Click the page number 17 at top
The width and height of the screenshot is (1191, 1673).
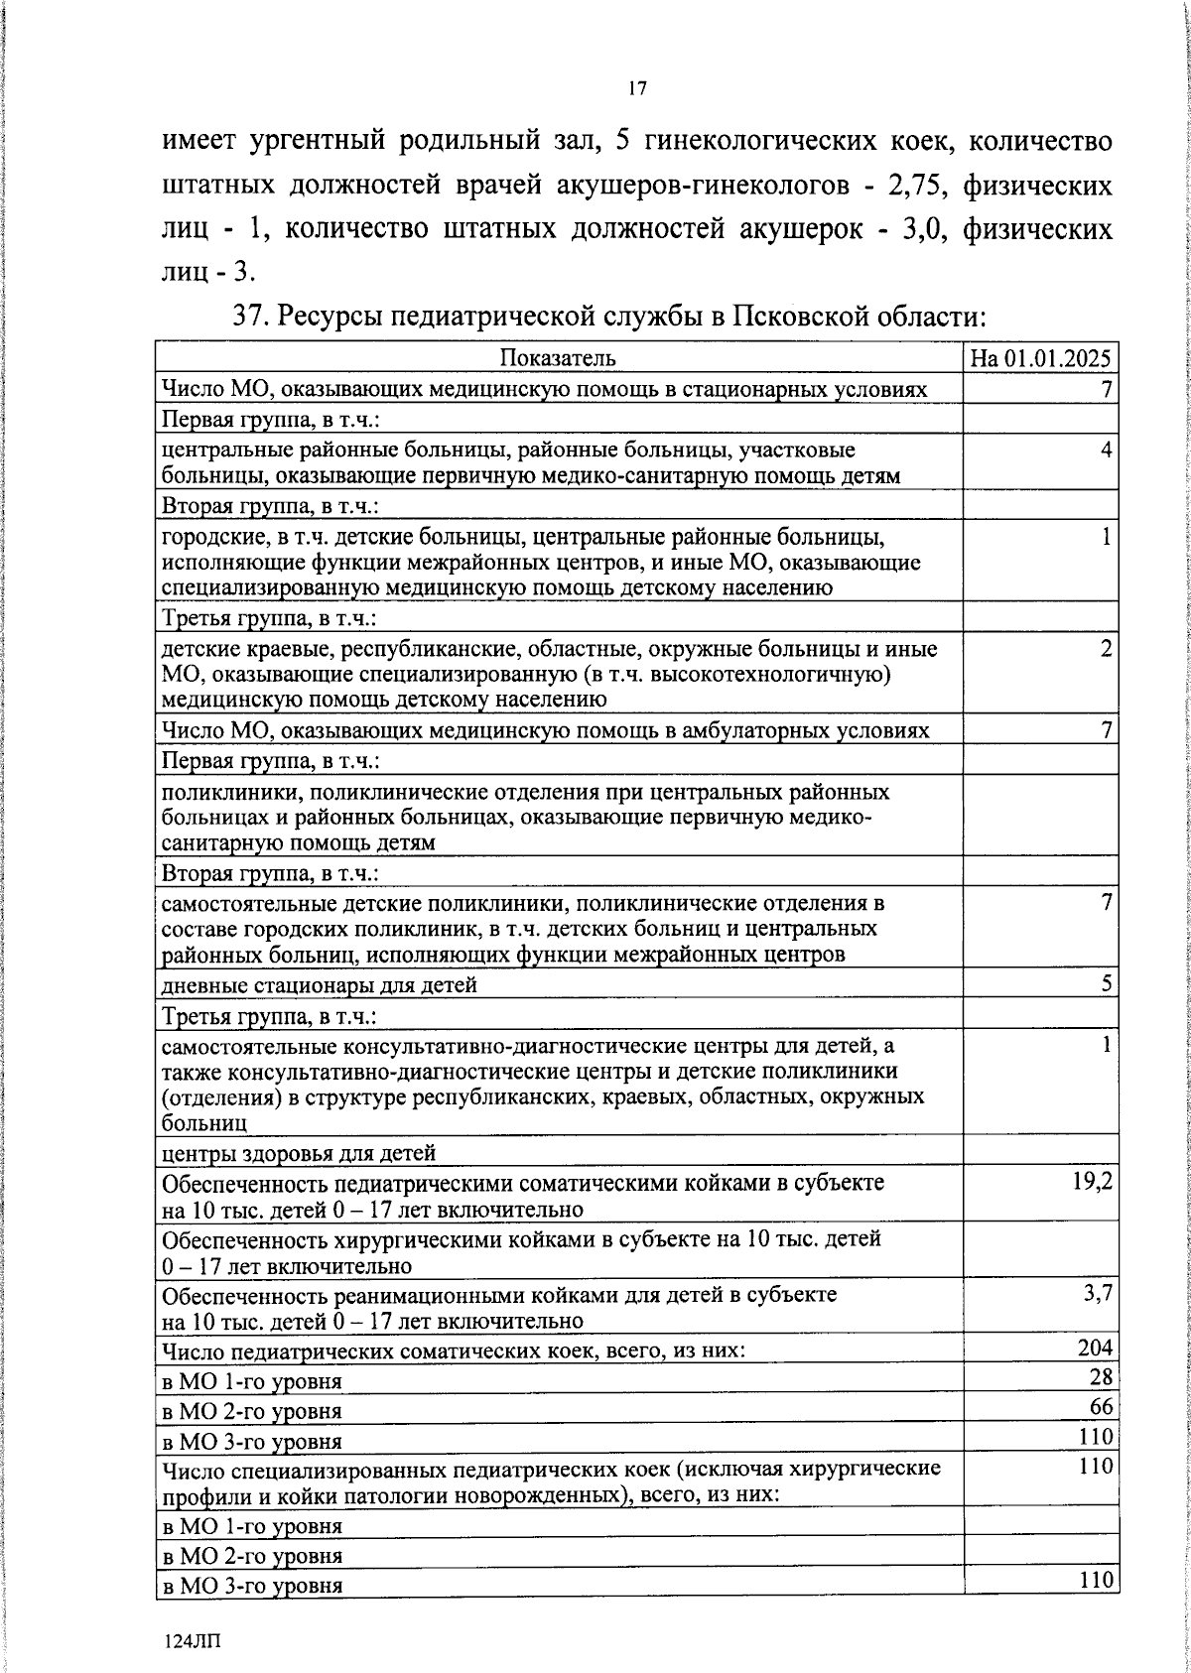tap(637, 89)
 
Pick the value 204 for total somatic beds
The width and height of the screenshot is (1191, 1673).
tap(1097, 1348)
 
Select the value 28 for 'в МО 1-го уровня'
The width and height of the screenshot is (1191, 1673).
tap(1102, 1377)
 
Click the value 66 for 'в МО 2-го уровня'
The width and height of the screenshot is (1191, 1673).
tap(1102, 1407)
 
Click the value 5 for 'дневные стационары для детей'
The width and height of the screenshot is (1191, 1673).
tap(1107, 982)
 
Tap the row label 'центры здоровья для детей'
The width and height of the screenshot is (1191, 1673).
tap(299, 1152)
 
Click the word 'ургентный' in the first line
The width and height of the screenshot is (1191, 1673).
tap(315, 141)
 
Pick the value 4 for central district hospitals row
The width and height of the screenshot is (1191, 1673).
tap(1107, 450)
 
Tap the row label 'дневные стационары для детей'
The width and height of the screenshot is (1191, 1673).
tap(320, 985)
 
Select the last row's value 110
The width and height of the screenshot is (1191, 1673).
tap(1097, 1579)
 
